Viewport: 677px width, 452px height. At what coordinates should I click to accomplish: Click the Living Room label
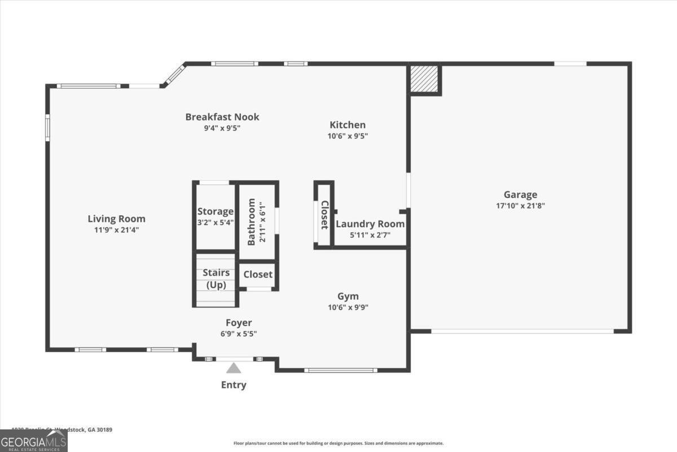click(116, 219)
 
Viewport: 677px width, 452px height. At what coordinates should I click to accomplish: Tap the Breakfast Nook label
click(222, 117)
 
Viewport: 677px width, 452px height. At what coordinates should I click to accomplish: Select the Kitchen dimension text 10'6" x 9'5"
click(348, 136)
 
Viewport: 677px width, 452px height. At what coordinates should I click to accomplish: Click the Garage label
click(520, 195)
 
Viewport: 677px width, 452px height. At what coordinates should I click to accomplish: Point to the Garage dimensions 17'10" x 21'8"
click(520, 206)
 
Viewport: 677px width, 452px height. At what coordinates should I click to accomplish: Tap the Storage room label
click(215, 211)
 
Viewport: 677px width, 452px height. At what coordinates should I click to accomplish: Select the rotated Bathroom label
click(252, 221)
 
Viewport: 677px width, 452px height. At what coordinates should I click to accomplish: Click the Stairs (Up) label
click(216, 279)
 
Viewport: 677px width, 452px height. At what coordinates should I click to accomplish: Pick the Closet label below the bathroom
click(258, 275)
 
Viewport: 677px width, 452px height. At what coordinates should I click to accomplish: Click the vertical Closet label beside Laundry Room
click(324, 215)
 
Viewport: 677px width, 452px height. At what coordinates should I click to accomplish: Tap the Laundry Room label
click(370, 224)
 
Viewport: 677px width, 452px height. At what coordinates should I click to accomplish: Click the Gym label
click(348, 297)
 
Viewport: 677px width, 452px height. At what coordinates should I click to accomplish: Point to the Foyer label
click(239, 323)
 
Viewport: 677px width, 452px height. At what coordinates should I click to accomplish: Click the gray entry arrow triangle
click(234, 368)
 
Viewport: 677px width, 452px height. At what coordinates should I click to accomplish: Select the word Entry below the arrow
click(234, 385)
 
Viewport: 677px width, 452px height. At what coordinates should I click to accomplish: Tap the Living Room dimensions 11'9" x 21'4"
click(116, 230)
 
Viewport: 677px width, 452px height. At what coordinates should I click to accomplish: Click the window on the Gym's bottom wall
click(341, 370)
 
